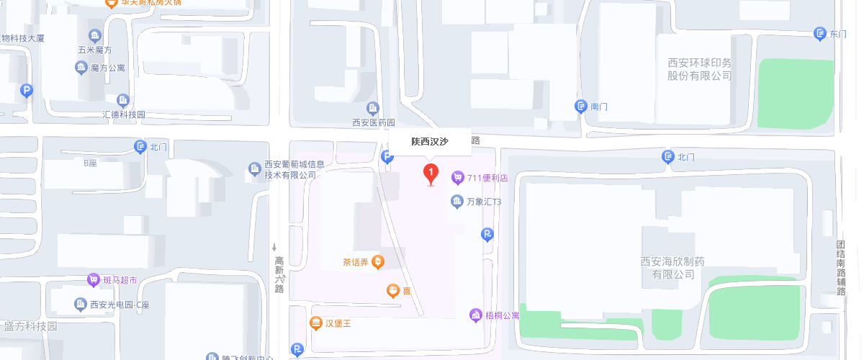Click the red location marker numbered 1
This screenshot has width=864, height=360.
(431, 173)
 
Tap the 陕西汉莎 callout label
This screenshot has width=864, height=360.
(430, 142)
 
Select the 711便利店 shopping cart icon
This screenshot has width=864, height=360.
(457, 177)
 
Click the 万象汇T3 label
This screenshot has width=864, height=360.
(484, 202)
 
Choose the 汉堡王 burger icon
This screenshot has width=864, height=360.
(315, 323)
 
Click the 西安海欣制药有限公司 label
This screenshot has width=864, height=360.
(674, 268)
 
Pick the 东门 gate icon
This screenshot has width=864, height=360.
(819, 33)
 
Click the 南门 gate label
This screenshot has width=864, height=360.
(599, 107)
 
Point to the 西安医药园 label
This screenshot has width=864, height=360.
(373, 123)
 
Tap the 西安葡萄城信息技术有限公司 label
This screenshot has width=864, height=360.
(290, 169)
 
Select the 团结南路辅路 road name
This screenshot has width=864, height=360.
(840, 267)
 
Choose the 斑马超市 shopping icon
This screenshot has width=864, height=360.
(93, 279)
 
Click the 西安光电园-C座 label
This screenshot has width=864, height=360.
(120, 305)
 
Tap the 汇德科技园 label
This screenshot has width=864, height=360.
(124, 114)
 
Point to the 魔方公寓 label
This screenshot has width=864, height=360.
(108, 68)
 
